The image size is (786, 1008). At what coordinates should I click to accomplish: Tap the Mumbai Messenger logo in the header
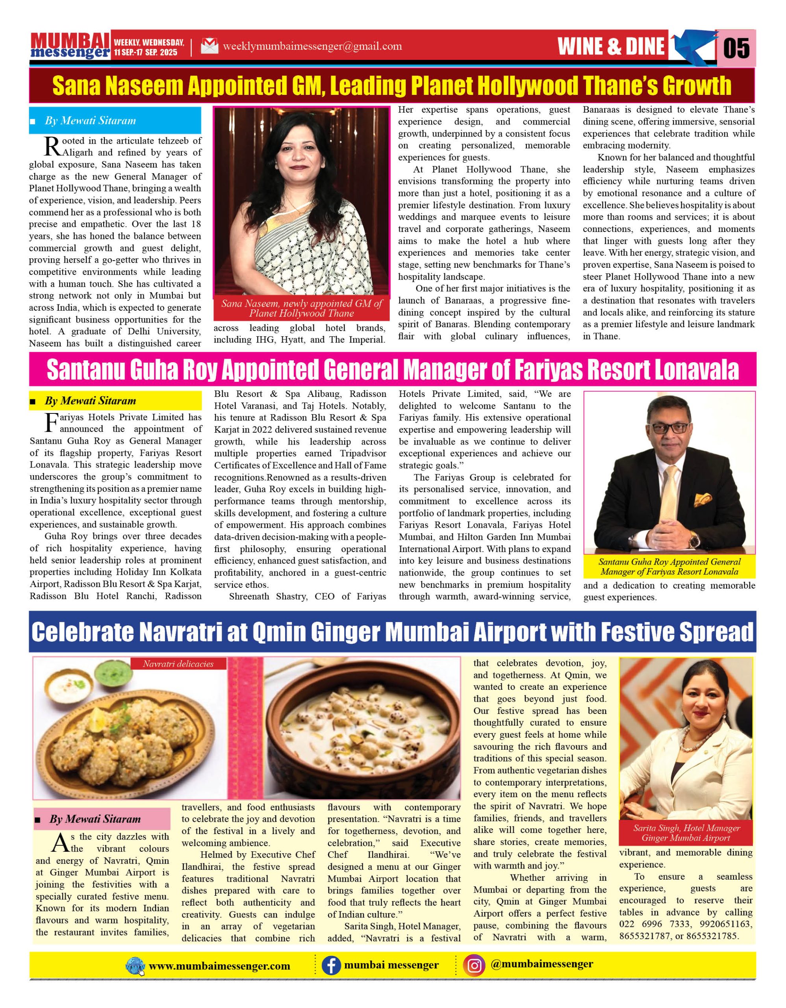(x=70, y=46)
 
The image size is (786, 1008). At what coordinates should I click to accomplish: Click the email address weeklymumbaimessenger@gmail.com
(x=312, y=46)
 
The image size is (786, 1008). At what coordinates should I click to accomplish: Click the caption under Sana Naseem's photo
(x=301, y=308)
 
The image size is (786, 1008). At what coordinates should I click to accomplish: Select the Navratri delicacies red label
(x=178, y=664)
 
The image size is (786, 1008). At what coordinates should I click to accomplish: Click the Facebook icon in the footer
(x=330, y=965)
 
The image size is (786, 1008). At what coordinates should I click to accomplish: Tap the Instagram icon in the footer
(x=475, y=965)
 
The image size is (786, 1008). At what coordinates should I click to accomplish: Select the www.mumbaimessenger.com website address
(x=219, y=966)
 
